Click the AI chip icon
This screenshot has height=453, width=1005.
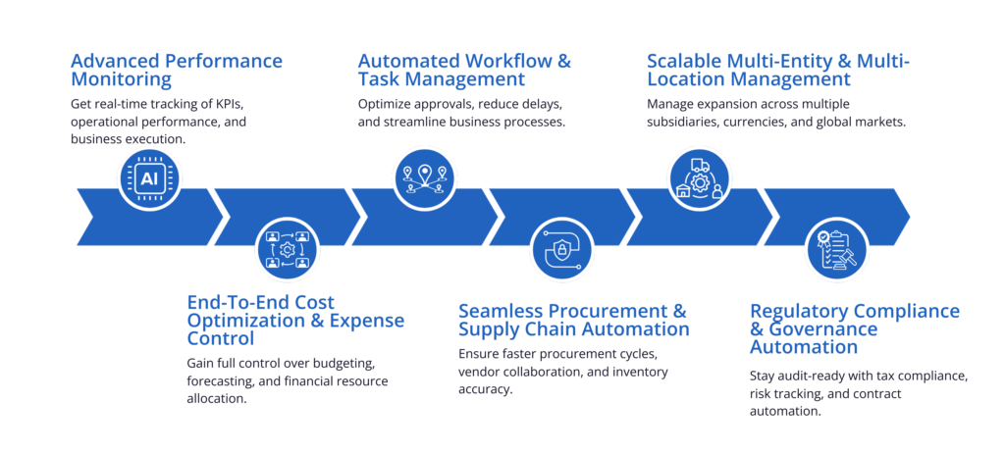(149, 177)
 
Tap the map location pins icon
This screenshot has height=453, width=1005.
(424, 180)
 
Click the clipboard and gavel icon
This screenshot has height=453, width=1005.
(836, 251)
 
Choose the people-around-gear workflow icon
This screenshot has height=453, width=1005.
(287, 250)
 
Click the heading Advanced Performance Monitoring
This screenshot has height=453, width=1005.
(177, 71)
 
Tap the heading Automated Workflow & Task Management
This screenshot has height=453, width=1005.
(464, 71)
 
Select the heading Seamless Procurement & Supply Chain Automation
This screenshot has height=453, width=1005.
(573, 320)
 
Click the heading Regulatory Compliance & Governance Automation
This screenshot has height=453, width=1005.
(855, 328)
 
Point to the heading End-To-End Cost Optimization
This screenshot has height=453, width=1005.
(295, 320)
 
